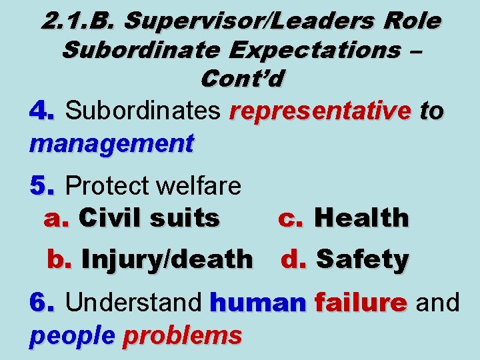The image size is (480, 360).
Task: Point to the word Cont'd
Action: tap(241, 78)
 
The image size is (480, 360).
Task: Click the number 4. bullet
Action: tap(42, 112)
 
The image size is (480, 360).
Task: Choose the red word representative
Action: tap(319, 112)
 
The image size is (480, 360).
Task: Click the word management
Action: tap(111, 142)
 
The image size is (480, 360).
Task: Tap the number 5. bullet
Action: tap(42, 186)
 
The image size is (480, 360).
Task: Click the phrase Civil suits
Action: tap(149, 217)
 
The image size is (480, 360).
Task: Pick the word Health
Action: tap(361, 217)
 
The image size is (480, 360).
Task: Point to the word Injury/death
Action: tap(167, 259)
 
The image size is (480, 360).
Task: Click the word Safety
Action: tap(362, 259)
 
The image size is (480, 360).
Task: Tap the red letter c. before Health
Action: tap(291, 217)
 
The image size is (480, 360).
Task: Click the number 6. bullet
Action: tap(42, 303)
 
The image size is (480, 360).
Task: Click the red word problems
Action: tap(182, 335)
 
